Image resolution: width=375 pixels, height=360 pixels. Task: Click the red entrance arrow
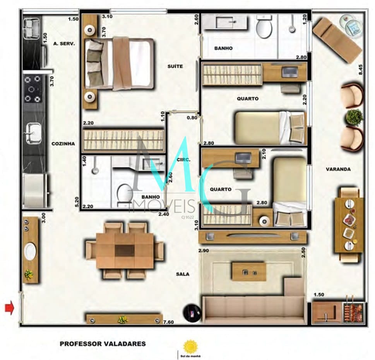[9, 308]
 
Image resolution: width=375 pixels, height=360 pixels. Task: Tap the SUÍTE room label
[175, 66]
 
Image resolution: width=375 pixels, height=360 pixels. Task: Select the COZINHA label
[63, 143]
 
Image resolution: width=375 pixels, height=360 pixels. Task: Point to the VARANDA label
[338, 169]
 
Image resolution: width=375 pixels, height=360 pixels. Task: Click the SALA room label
[182, 274]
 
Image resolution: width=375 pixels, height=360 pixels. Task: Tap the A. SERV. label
[64, 44]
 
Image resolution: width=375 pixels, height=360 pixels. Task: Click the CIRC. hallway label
[183, 159]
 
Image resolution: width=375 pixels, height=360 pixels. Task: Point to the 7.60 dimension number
[169, 322]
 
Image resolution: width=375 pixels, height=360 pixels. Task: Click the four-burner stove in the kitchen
[33, 89]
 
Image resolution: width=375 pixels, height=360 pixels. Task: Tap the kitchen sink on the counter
[33, 132]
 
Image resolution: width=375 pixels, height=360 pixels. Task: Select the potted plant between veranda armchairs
[354, 117]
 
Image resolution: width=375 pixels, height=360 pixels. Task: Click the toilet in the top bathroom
[264, 27]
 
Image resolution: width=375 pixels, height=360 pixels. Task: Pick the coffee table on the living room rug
[249, 271]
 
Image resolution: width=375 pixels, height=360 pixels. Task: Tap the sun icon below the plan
[190, 346]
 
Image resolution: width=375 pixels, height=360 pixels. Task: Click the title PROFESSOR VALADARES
[103, 343]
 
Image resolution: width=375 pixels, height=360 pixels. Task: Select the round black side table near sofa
[192, 311]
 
